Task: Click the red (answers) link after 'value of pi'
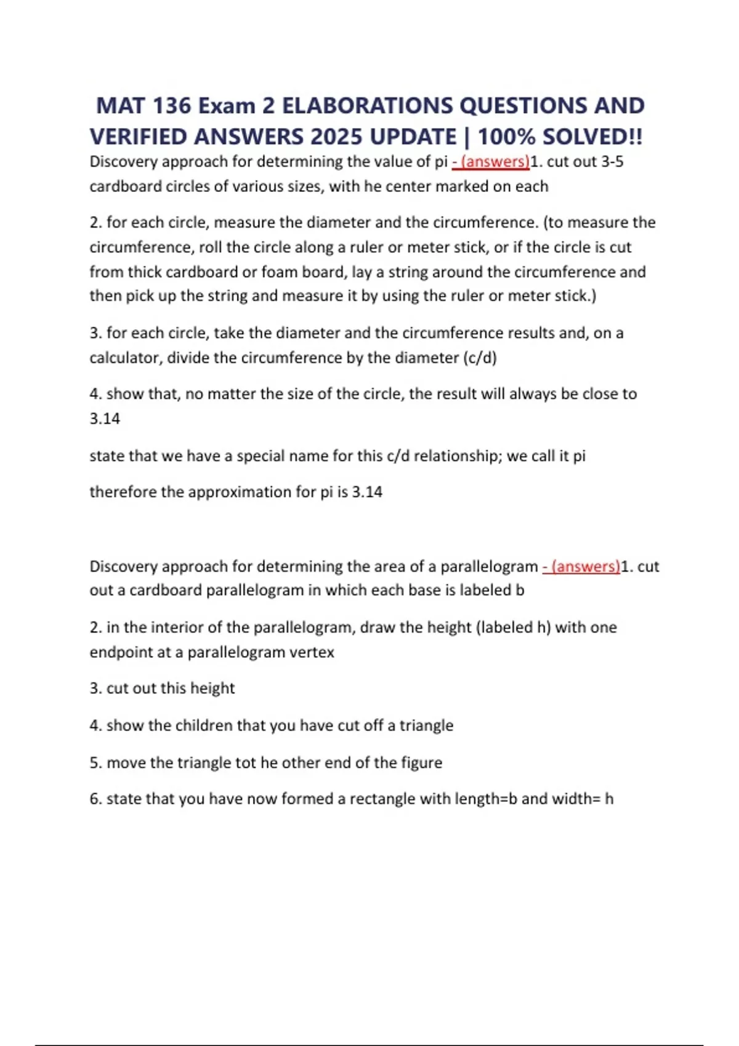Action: point(491,162)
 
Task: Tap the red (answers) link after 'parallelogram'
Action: point(581,566)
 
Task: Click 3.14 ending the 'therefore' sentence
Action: point(367,492)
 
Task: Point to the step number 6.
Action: point(95,799)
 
